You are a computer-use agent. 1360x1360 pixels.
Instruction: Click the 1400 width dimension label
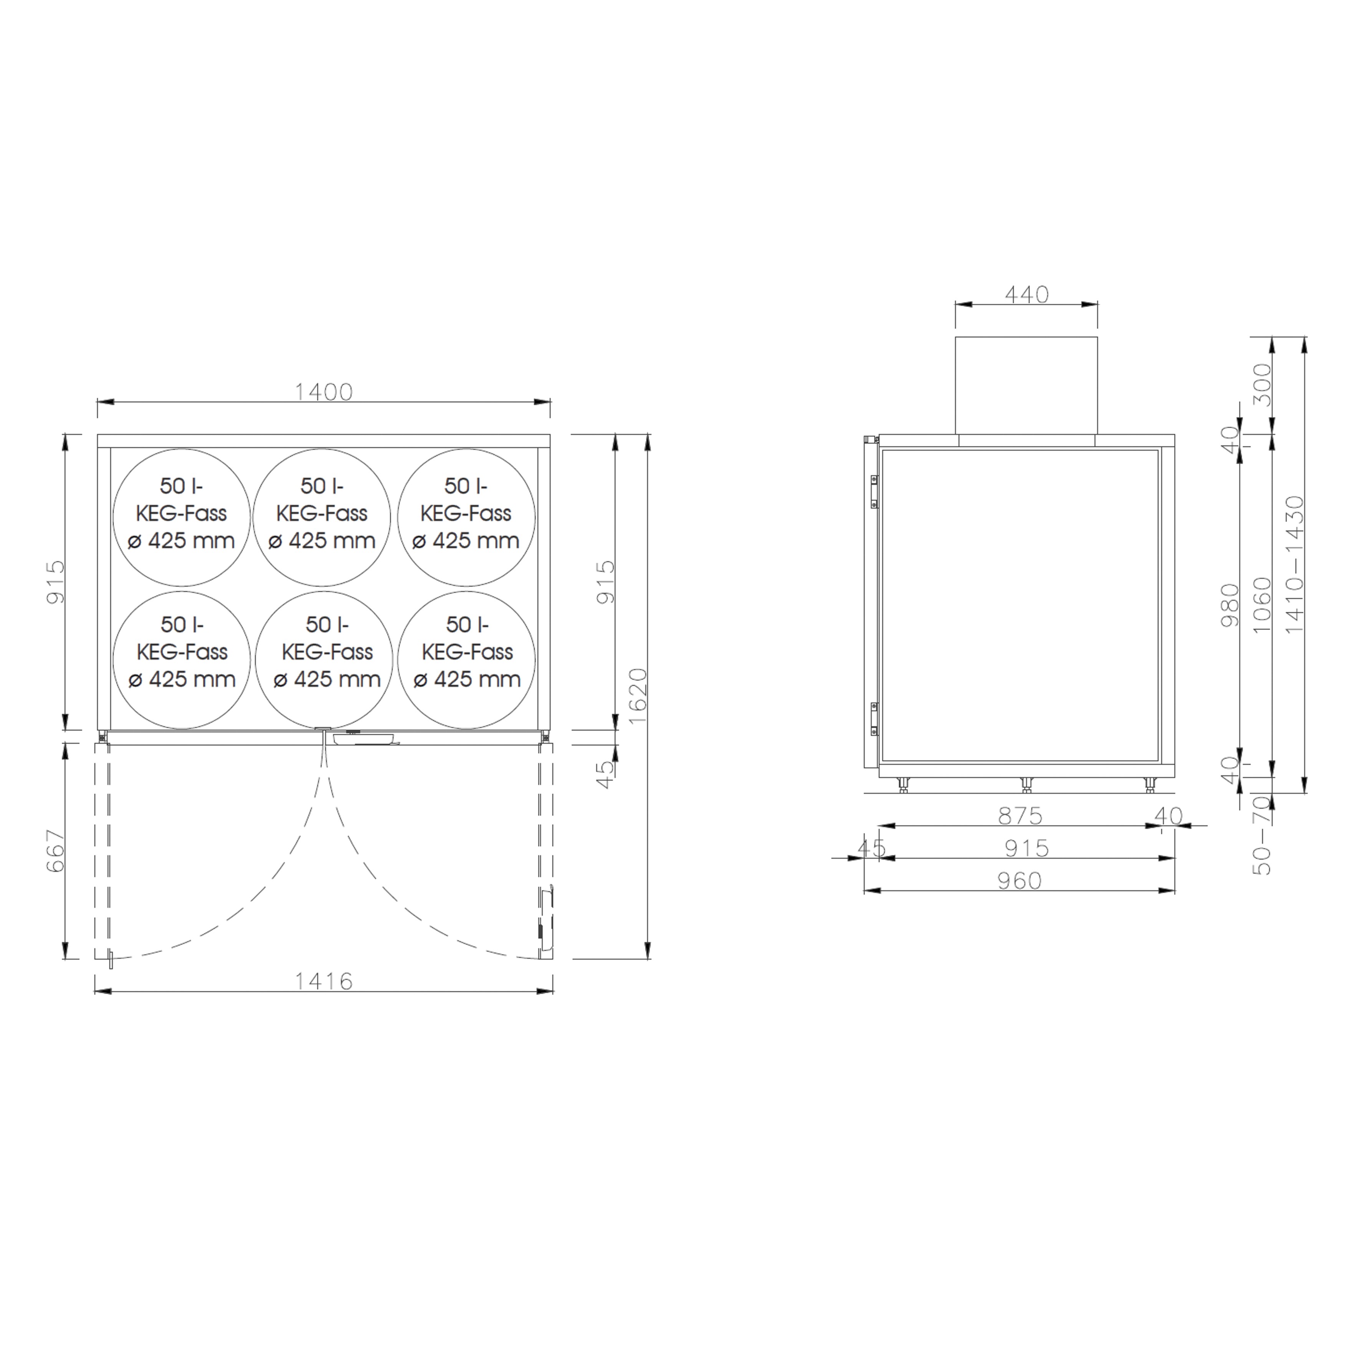click(x=323, y=392)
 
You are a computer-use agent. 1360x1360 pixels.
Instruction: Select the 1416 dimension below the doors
click(x=323, y=981)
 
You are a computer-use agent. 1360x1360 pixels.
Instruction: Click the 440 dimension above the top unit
click(x=1026, y=294)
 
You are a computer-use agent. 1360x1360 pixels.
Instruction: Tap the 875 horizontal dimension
click(x=1020, y=815)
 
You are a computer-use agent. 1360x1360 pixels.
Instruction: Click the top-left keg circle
click(x=182, y=517)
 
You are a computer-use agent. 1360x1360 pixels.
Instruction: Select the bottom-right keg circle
click(x=466, y=659)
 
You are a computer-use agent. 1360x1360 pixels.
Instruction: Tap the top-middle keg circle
click(x=322, y=517)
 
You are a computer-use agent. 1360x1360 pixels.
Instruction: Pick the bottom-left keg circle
click(x=182, y=659)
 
